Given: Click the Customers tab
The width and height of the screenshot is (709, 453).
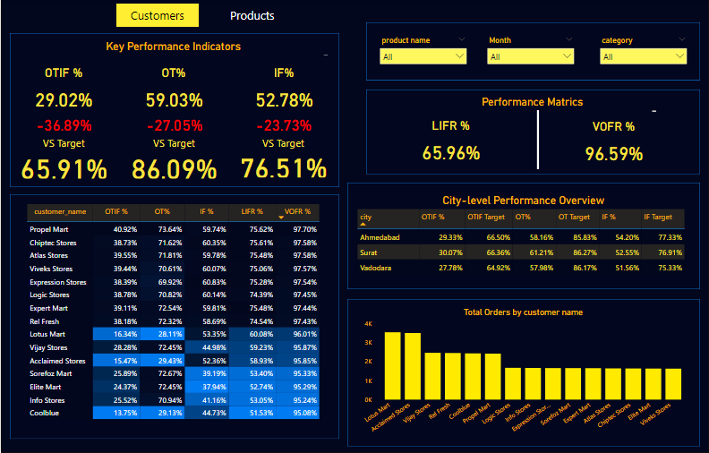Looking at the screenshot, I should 158,15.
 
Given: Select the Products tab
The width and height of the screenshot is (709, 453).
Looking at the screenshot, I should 252,15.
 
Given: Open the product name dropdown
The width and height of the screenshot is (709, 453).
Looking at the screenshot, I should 423,56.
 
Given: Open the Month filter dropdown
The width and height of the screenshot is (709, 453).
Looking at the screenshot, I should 530,56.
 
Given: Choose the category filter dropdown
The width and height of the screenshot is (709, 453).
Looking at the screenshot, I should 644,56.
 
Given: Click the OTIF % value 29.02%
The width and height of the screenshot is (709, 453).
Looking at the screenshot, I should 64,100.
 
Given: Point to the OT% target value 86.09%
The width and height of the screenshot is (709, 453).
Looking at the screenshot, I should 174,169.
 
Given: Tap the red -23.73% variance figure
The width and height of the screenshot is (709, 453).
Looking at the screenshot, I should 284,124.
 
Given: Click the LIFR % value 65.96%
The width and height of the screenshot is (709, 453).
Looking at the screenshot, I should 450,153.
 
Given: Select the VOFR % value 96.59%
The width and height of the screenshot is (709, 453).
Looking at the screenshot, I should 614,153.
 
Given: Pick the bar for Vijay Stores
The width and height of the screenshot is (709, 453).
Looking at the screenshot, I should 433,376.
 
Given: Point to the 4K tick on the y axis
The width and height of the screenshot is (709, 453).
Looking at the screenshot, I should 368,324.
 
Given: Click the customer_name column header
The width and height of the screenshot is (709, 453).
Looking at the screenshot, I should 60,212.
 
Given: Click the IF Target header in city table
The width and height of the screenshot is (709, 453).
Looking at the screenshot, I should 658,217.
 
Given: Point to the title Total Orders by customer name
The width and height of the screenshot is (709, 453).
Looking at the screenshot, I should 523,312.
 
